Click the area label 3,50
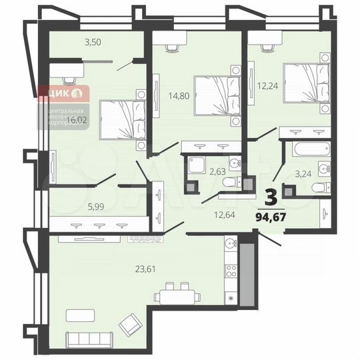92,43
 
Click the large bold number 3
272,197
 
